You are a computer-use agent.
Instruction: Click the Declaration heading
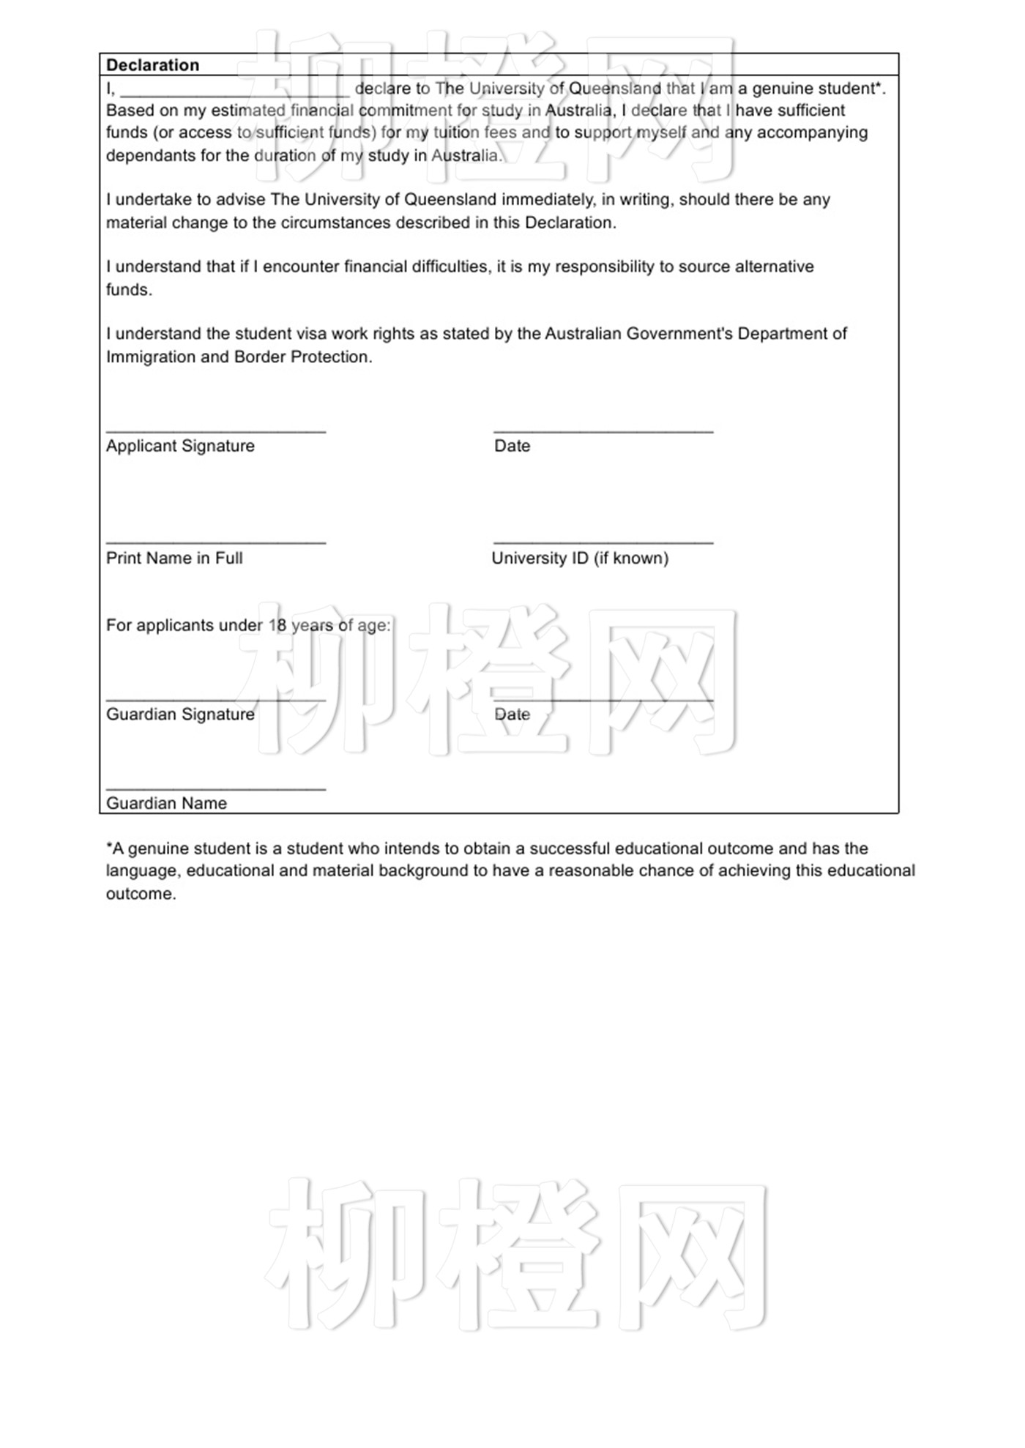point(152,65)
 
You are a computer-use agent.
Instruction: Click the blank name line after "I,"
point(235,94)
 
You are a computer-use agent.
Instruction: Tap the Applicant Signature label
point(180,446)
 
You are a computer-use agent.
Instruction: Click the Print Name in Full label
point(174,558)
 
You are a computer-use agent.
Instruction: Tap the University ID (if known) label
point(580,558)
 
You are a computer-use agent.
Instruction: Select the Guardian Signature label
point(180,714)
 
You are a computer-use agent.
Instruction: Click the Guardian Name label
point(166,803)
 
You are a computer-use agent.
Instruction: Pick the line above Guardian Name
point(216,789)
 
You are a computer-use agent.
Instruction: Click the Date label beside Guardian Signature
point(512,714)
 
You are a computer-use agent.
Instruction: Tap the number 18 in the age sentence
point(277,625)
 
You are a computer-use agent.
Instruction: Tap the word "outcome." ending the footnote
point(141,894)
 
